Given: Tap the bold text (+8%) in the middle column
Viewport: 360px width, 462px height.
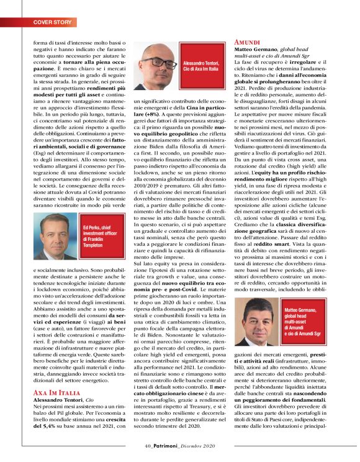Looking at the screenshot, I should click(x=140, y=114).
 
